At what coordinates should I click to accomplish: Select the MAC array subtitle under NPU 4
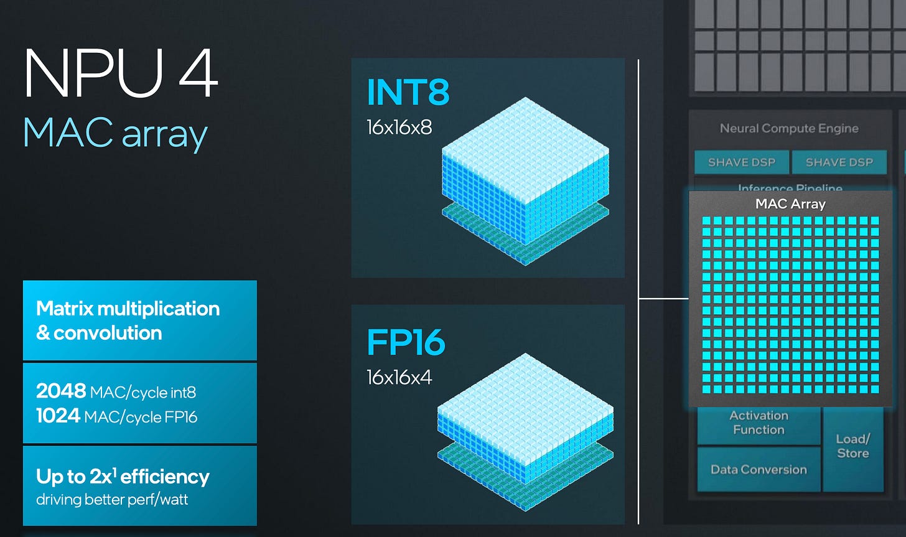pos(115,133)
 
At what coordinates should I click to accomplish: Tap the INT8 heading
pos(408,92)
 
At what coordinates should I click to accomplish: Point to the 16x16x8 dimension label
pos(399,128)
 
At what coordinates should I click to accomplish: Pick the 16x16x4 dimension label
pos(399,377)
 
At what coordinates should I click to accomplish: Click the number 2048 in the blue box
pos(61,391)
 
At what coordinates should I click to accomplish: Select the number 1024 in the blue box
pos(58,416)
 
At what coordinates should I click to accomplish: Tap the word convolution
pos(108,333)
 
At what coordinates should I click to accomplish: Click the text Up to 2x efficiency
pos(123,477)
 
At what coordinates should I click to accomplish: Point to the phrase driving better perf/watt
pos(112,499)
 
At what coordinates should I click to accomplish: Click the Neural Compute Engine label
pos(789,128)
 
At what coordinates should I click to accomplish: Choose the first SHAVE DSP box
pos(742,162)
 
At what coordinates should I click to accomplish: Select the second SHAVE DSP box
pos(839,162)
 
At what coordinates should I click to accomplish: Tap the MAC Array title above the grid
pos(790,203)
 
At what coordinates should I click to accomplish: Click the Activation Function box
pos(759,423)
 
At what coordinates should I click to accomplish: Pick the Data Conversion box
pos(759,470)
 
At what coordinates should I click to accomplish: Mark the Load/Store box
pos(852,446)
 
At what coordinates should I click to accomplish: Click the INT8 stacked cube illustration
pos(525,180)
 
